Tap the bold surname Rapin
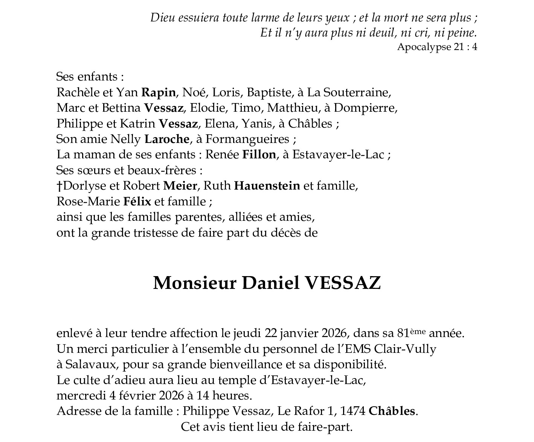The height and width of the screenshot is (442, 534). pyautogui.click(x=159, y=93)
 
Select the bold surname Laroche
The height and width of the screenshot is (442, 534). pyautogui.click(x=167, y=140)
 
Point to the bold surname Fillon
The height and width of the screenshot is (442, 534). pyautogui.click(x=259, y=155)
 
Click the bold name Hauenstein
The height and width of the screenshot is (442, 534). pyautogui.click(x=267, y=186)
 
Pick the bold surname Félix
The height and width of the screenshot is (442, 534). pyautogui.click(x=137, y=202)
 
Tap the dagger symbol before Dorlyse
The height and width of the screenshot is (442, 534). pyautogui.click(x=59, y=186)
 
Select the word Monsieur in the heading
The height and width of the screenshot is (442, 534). pyautogui.click(x=195, y=283)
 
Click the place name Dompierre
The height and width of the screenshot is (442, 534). pyautogui.click(x=365, y=108)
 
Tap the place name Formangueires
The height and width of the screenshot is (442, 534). pyautogui.click(x=247, y=140)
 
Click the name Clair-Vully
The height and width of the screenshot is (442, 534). pyautogui.click(x=405, y=349)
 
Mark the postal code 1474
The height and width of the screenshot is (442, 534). pyautogui.click(x=352, y=412)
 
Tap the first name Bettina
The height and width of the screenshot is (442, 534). pyautogui.click(x=121, y=108)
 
